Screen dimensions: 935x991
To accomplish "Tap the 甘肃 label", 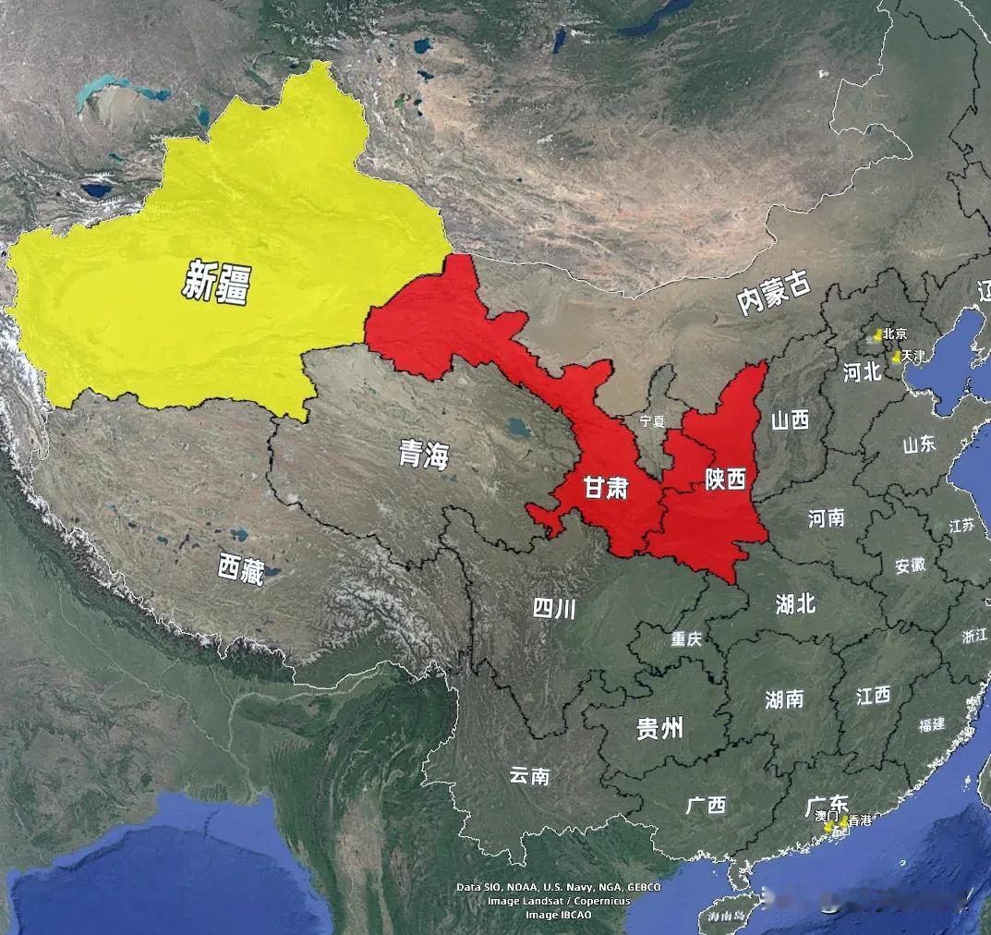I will point(606,487).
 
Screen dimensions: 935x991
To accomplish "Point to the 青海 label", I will point(424,454).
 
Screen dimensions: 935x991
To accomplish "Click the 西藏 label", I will point(241,569).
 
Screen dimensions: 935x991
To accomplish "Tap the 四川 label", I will point(554,608).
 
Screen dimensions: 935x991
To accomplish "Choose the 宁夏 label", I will point(652,420).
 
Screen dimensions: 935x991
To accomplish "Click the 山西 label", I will point(790,420).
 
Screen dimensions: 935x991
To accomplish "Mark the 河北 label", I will point(864,372).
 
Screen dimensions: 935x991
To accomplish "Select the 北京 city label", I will point(894,334).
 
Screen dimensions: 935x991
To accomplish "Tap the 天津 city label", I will point(912,356).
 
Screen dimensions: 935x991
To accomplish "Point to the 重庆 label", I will point(687,638).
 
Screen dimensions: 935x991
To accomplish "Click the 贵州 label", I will point(659,728).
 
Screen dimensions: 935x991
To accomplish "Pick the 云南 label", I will point(529,775).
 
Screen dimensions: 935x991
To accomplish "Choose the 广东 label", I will point(826,803).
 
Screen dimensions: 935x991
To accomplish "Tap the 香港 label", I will point(860,820).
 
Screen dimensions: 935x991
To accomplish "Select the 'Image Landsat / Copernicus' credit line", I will point(559,901).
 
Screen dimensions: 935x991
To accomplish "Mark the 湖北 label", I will point(795,603).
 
